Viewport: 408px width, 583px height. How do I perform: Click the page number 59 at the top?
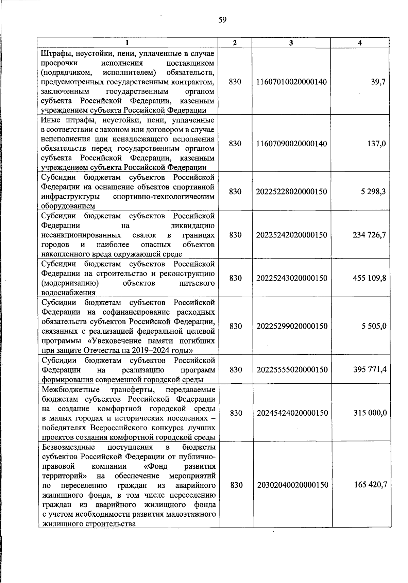222,20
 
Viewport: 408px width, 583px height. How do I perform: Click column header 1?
127,43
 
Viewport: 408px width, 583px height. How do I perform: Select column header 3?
291,43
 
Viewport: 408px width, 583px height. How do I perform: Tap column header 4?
360,43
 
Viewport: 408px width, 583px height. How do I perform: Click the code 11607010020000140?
291,82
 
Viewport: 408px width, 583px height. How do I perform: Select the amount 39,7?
378,82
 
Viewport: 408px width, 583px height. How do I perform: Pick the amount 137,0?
376,144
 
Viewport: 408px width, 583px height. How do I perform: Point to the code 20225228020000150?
291,192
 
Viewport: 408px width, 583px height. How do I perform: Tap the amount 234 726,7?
369,235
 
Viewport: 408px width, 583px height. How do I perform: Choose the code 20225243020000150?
292,278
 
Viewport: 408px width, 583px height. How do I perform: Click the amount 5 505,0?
374,326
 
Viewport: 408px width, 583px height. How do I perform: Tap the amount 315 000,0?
370,413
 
